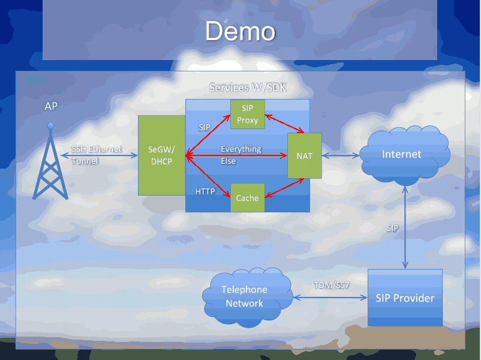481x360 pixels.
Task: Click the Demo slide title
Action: tap(240, 31)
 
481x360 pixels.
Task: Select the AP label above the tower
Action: tap(52, 106)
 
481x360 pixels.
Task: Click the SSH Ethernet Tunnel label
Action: tap(96, 155)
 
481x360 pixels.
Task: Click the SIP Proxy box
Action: tap(247, 114)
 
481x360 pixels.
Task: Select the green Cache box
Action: tap(247, 198)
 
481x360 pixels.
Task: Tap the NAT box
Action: tap(304, 155)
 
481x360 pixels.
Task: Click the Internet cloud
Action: tap(402, 154)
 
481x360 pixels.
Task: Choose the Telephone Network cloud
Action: tap(244, 296)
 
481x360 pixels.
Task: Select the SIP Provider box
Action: tap(405, 298)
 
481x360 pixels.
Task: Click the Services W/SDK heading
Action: tap(247, 88)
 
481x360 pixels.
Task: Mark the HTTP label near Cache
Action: tap(205, 191)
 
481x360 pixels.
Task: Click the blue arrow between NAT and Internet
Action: tap(341, 156)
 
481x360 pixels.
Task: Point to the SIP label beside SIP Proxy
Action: tap(205, 127)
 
